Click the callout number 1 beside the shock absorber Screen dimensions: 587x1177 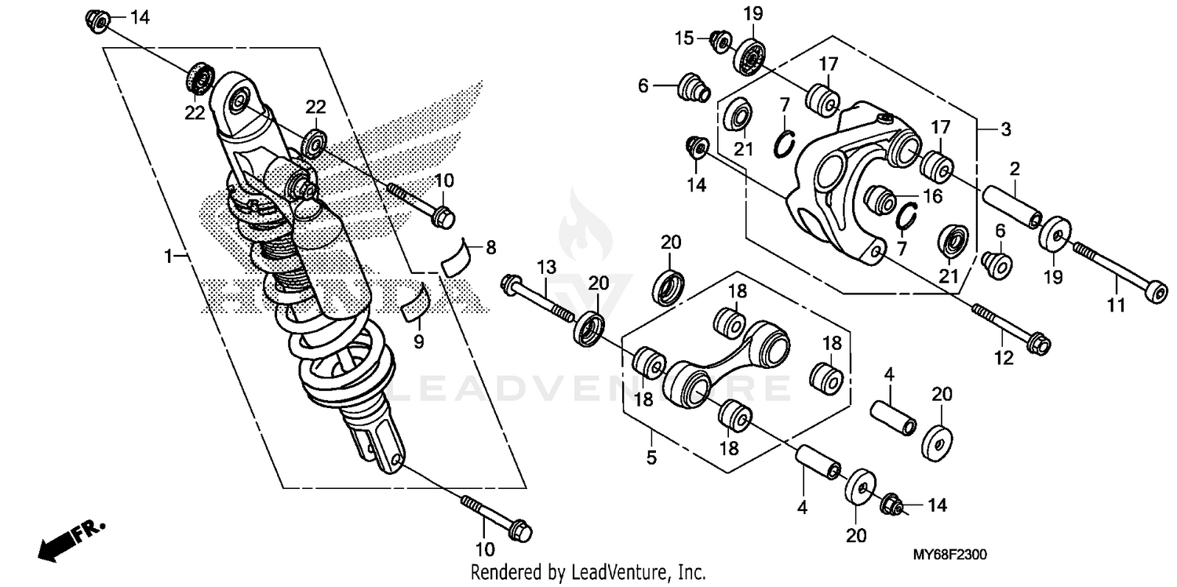coord(168,256)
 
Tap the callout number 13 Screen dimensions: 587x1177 coord(545,268)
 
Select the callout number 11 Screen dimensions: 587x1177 coord(1117,304)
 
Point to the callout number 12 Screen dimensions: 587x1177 coord(1004,359)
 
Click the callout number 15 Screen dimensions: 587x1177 coord(684,36)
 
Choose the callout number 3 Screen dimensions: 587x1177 coord(1006,130)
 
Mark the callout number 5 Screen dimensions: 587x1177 coord(651,458)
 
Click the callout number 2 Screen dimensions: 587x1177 coord(1015,168)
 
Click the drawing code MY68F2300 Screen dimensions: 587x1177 coord(949,554)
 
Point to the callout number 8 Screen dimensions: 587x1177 coord(490,248)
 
